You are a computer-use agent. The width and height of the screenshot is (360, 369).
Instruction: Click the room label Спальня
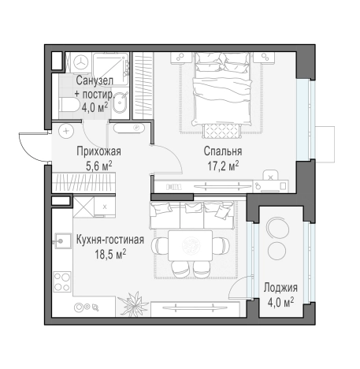(223, 151)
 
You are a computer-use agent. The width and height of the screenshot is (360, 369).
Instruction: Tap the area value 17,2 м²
(223, 166)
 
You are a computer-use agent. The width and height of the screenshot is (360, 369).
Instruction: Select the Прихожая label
(98, 151)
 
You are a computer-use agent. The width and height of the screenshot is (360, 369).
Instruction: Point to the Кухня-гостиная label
(110, 240)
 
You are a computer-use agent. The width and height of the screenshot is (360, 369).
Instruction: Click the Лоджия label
(280, 288)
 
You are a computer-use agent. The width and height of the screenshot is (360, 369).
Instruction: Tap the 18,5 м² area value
(110, 254)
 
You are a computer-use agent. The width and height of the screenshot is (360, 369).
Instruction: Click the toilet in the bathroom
(69, 106)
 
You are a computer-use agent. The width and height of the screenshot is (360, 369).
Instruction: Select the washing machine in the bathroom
(81, 62)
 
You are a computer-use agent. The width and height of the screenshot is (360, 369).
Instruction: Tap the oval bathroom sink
(121, 102)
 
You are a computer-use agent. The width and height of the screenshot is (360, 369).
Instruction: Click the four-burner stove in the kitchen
(62, 281)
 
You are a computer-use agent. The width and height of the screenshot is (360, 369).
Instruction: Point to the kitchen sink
(62, 241)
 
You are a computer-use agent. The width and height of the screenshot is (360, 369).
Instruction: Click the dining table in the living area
(190, 245)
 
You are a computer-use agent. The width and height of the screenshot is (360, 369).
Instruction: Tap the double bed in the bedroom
(222, 88)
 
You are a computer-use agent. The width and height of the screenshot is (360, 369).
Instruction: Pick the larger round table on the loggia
(276, 226)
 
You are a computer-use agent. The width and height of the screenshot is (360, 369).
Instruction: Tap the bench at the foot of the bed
(222, 131)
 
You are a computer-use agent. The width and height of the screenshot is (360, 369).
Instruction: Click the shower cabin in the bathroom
(111, 69)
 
